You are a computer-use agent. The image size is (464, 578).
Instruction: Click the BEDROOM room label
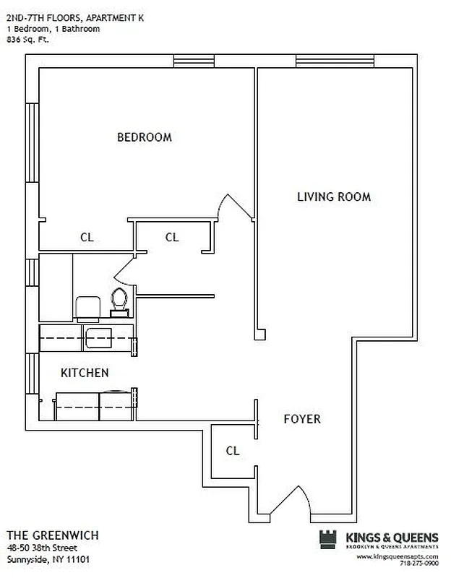click(145, 137)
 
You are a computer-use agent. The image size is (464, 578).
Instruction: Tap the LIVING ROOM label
click(334, 197)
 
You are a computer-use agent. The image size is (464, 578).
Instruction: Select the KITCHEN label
click(85, 373)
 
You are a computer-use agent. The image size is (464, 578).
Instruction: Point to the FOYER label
click(301, 419)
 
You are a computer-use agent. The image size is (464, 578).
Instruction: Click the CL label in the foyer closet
click(232, 451)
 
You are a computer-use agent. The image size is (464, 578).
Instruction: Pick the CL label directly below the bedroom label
click(87, 237)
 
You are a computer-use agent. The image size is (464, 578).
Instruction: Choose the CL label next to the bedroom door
click(172, 237)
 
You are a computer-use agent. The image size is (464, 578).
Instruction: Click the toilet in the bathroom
click(119, 298)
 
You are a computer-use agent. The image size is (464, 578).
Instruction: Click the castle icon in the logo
click(327, 540)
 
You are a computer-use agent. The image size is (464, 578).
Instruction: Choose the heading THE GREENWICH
click(53, 535)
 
